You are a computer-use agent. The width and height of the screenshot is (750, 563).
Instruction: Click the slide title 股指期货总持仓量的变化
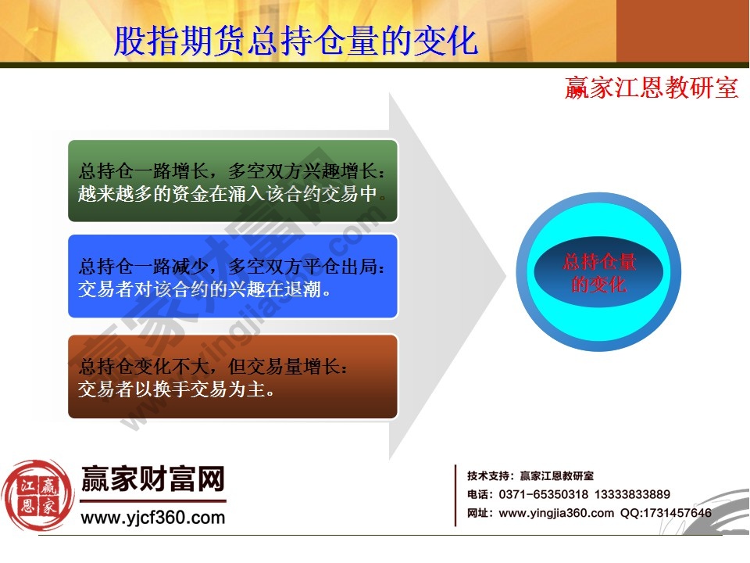[296, 41]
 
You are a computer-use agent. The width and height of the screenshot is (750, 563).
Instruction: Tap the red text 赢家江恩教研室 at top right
[652, 88]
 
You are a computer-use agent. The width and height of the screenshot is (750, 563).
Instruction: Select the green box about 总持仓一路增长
[233, 181]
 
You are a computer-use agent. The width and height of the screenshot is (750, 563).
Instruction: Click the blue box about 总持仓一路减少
[233, 277]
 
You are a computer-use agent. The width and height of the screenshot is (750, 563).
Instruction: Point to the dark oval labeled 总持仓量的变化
[599, 273]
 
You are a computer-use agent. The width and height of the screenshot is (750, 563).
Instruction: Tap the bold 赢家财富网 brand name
[153, 479]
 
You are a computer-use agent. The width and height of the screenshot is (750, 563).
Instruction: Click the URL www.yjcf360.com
[153, 517]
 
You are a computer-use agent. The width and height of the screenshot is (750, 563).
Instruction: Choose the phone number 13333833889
[632, 494]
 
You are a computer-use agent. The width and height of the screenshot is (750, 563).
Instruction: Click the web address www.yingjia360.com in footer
[556, 513]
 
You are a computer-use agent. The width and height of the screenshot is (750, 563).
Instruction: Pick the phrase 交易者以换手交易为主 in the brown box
[177, 388]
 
